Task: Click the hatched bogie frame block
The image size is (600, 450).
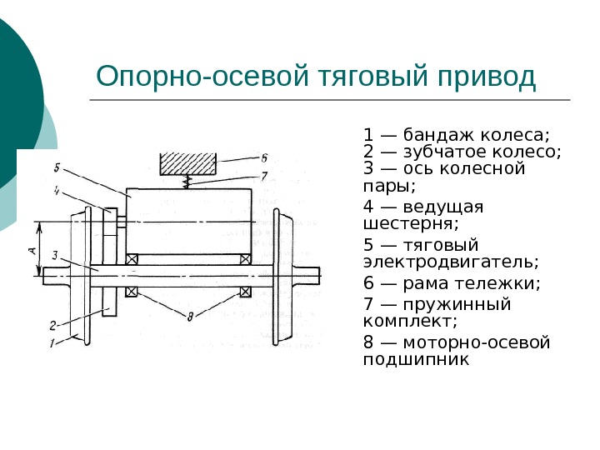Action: pyautogui.click(x=187, y=162)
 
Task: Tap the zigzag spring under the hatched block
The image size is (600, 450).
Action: pyautogui.click(x=190, y=181)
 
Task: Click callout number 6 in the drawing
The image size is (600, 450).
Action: pyautogui.click(x=263, y=157)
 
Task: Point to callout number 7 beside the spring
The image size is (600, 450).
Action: pyautogui.click(x=263, y=176)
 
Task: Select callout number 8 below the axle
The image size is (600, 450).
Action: pyautogui.click(x=190, y=316)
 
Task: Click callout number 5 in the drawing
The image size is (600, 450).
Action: pyautogui.click(x=56, y=165)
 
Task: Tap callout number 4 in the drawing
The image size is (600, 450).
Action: pyautogui.click(x=55, y=191)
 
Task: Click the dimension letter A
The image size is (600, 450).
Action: pyautogui.click(x=31, y=248)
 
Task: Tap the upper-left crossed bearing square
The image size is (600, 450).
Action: pyautogui.click(x=131, y=260)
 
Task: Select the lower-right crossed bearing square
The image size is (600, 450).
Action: pyautogui.click(x=245, y=292)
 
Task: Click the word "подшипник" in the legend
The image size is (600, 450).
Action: pyautogui.click(x=417, y=360)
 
